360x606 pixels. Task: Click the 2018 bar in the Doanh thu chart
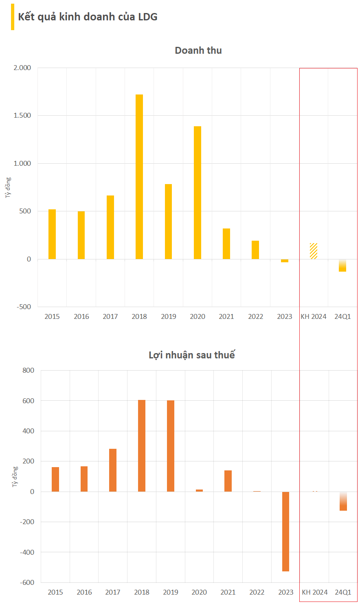[x=139, y=176]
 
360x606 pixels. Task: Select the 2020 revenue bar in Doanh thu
[x=198, y=192]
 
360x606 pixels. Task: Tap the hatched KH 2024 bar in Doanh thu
[x=314, y=251]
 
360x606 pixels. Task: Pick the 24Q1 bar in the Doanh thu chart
[x=342, y=266]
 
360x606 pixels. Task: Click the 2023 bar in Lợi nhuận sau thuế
[x=285, y=531]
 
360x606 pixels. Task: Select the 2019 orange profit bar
[x=171, y=446]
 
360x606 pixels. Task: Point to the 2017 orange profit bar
[x=113, y=470]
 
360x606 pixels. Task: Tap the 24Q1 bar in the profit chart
[x=343, y=501]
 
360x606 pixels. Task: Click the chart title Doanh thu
[x=198, y=50]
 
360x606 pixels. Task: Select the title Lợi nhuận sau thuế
[x=192, y=355]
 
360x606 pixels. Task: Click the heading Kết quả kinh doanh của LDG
[x=88, y=17]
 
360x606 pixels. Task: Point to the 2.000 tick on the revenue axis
[x=22, y=68]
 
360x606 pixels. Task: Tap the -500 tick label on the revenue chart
[x=24, y=307]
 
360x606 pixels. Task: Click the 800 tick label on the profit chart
[x=29, y=370]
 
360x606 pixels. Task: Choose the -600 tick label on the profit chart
[x=27, y=582]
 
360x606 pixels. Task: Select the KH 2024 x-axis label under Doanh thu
[x=314, y=316]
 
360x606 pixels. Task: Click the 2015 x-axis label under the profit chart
[x=55, y=592]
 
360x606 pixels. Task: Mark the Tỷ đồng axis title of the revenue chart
[x=9, y=188]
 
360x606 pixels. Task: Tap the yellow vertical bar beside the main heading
[x=13, y=17]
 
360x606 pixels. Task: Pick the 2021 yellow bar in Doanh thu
[x=226, y=244]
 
